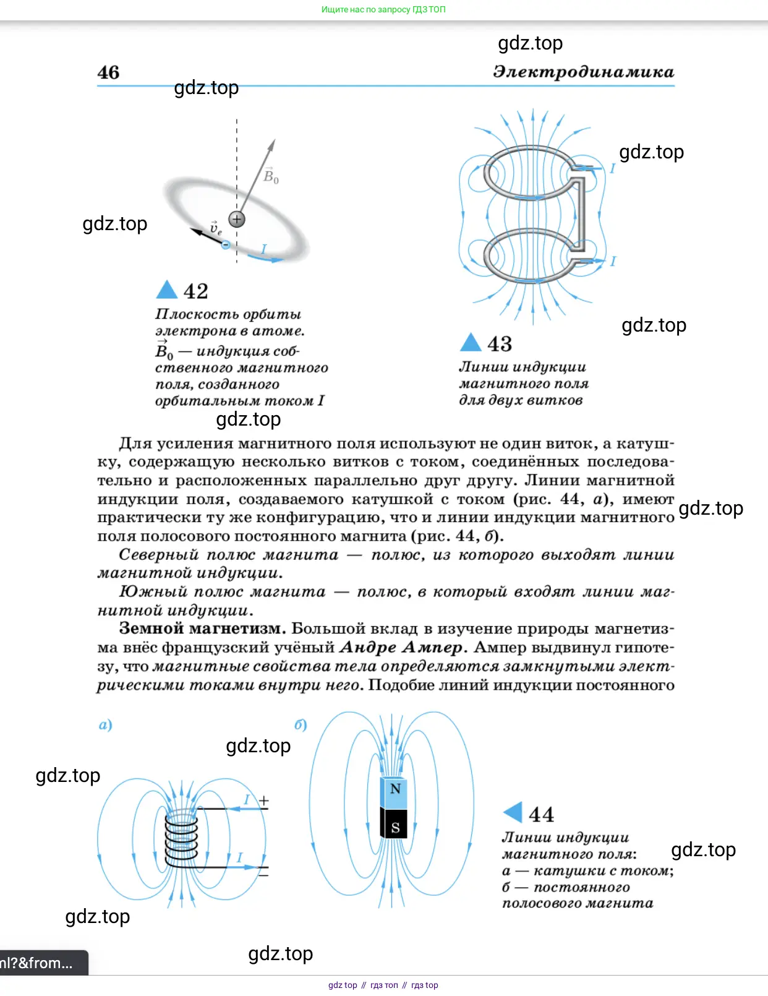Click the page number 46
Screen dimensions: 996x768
[x=108, y=72]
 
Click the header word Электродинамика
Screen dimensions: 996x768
[x=583, y=72]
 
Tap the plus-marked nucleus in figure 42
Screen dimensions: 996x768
[x=237, y=219]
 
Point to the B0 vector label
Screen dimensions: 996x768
[x=271, y=176]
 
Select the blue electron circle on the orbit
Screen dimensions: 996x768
[x=226, y=245]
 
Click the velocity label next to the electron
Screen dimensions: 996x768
[x=215, y=228]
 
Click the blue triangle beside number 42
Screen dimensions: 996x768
[x=167, y=290]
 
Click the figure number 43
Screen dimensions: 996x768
[x=500, y=344]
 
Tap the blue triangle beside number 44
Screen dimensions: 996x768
[x=513, y=813]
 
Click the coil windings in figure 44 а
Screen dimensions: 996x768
[x=181, y=838]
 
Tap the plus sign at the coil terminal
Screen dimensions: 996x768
[x=264, y=801]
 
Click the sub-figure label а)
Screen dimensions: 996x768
[x=106, y=724]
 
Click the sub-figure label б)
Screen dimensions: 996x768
[x=301, y=724]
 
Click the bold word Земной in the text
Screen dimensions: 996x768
[x=151, y=629]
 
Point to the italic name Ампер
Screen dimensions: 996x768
[x=432, y=647]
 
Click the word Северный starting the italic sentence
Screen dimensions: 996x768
[x=159, y=554]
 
